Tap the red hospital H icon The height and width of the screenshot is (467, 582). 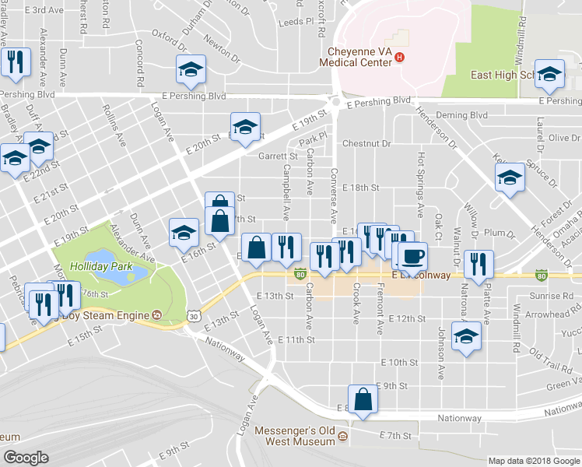[399, 57]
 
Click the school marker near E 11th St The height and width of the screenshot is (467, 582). [466, 336]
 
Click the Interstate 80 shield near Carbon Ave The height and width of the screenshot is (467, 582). [300, 274]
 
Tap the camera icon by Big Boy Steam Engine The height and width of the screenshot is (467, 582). [157, 315]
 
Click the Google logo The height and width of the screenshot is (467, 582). [26, 458]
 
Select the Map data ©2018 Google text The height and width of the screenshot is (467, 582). [533, 461]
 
